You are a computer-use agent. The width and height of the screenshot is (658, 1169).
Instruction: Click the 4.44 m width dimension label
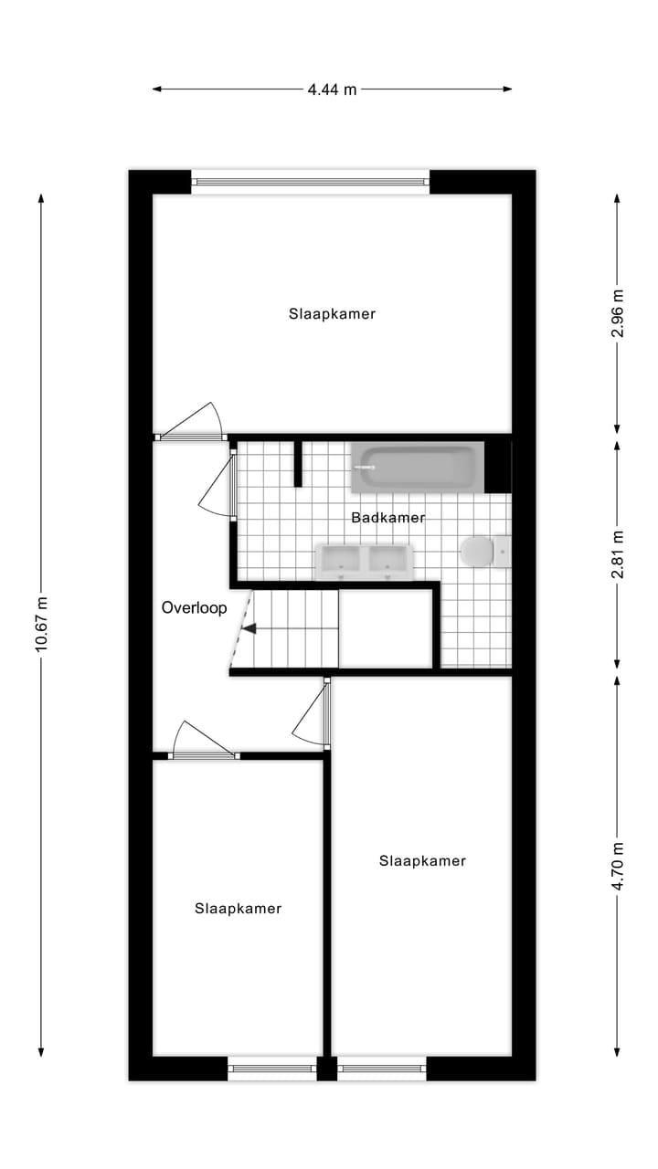pos(332,90)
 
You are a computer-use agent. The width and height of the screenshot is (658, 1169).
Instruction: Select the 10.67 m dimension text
pos(41,623)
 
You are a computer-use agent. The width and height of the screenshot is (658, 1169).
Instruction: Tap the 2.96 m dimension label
pos(618,313)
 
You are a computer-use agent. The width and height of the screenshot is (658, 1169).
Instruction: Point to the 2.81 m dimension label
pos(618,553)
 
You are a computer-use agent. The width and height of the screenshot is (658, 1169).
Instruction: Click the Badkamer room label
pos(388,518)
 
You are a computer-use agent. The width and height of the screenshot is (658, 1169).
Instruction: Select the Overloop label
pos(194,607)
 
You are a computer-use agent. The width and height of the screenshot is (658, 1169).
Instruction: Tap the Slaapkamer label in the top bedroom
pos(332,314)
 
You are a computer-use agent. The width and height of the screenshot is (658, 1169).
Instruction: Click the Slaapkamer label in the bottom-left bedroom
pos(238,909)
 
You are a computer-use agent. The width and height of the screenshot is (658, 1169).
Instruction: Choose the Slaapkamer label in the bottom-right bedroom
pos(422,861)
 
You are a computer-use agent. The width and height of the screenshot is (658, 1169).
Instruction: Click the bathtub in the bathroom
pos(417,468)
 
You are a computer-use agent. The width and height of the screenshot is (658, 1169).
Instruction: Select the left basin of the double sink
pos(341,562)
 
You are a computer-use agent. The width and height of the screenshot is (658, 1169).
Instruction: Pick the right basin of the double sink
pos(390,562)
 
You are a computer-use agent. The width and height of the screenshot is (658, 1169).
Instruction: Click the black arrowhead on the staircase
pos(249,628)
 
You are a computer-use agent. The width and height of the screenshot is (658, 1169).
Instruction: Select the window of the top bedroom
pos(311,182)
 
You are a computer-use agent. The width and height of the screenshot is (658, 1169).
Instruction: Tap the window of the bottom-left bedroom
pos(271,1068)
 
